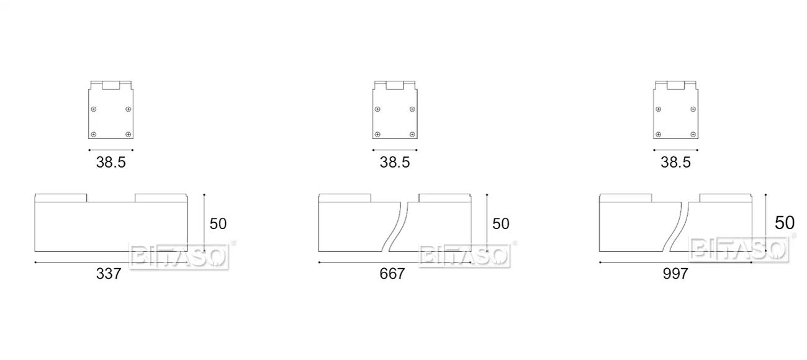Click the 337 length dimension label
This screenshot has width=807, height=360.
(109, 274)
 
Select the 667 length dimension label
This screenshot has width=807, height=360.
(392, 274)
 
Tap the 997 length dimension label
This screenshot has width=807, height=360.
(675, 274)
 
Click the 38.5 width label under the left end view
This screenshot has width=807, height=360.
(110, 162)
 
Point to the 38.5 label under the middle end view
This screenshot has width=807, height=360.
(394, 162)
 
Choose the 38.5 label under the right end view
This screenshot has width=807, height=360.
(675, 162)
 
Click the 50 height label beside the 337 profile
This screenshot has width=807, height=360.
(218, 224)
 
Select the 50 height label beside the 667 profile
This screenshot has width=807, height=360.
(501, 224)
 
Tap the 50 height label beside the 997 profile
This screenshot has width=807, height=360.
(784, 223)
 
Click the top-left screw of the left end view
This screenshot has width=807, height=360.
(94, 109)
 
